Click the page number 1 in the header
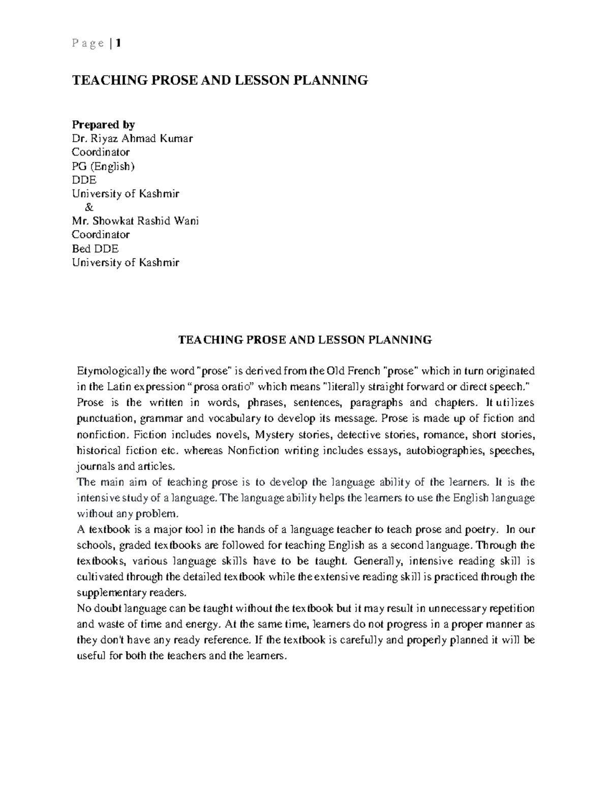pyautogui.click(x=118, y=44)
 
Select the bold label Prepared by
pyautogui.click(x=103, y=124)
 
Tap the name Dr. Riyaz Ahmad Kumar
pyautogui.click(x=132, y=138)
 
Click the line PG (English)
pyautogui.click(x=103, y=166)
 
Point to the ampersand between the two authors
pyautogui.click(x=90, y=207)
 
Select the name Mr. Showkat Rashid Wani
pyautogui.click(x=135, y=221)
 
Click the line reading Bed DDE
pyautogui.click(x=95, y=248)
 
